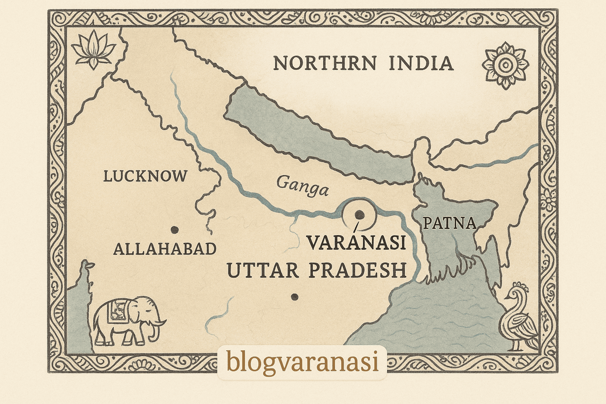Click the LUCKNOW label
tap(145, 176)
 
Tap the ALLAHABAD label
tap(165, 249)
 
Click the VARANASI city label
tap(357, 243)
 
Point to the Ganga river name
tap(302, 186)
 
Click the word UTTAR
tap(262, 271)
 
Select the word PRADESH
tap(357, 271)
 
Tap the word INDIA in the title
tap(421, 64)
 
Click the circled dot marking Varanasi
tap(359, 214)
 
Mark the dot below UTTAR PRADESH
tap(294, 297)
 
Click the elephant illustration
tap(128, 320)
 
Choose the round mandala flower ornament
tap(505, 65)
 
